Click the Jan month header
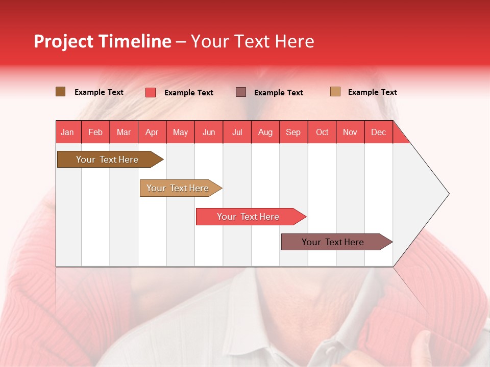pyautogui.click(x=67, y=132)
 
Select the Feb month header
pyautogui.click(x=95, y=132)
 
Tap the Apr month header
pyautogui.click(x=152, y=132)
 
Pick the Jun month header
pyautogui.click(x=209, y=132)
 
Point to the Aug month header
pyautogui.click(x=265, y=132)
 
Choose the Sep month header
pyautogui.click(x=293, y=132)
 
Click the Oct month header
pyautogui.click(x=322, y=132)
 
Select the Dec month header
pyautogui.click(x=378, y=132)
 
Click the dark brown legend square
pyautogui.click(x=61, y=92)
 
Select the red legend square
pyautogui.click(x=151, y=92)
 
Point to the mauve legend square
pyautogui.click(x=241, y=92)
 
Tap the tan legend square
pyautogui.click(x=335, y=92)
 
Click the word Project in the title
pyautogui.click(x=63, y=41)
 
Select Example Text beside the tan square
pyautogui.click(x=372, y=92)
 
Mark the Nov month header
pyautogui.click(x=350, y=132)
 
